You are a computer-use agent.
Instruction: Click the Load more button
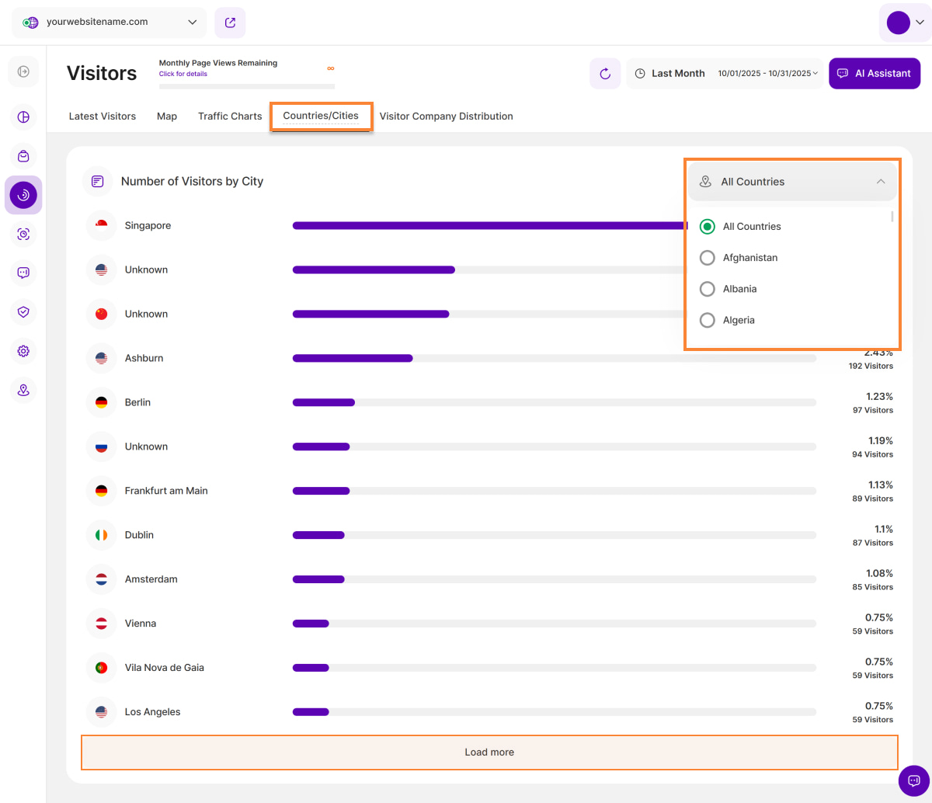(489, 752)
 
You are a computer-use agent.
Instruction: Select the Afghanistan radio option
(708, 258)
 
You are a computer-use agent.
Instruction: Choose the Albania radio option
(708, 289)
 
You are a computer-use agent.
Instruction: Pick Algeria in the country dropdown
(708, 320)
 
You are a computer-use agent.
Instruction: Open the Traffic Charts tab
(230, 116)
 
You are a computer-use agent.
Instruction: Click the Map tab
(167, 116)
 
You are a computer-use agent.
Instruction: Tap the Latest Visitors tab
(103, 116)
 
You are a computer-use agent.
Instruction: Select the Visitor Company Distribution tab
(446, 116)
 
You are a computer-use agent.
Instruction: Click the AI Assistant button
(875, 74)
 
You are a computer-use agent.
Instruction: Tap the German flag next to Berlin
(101, 402)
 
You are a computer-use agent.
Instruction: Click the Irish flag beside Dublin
(101, 535)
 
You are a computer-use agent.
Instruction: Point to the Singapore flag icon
(101, 226)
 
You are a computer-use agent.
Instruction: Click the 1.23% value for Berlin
(879, 396)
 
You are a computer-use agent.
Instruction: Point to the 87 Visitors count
(872, 543)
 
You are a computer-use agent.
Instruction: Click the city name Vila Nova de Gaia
(165, 668)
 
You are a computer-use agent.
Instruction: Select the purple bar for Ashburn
(353, 358)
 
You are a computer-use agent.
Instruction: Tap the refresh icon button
(605, 74)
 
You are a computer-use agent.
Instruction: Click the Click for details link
(183, 74)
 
